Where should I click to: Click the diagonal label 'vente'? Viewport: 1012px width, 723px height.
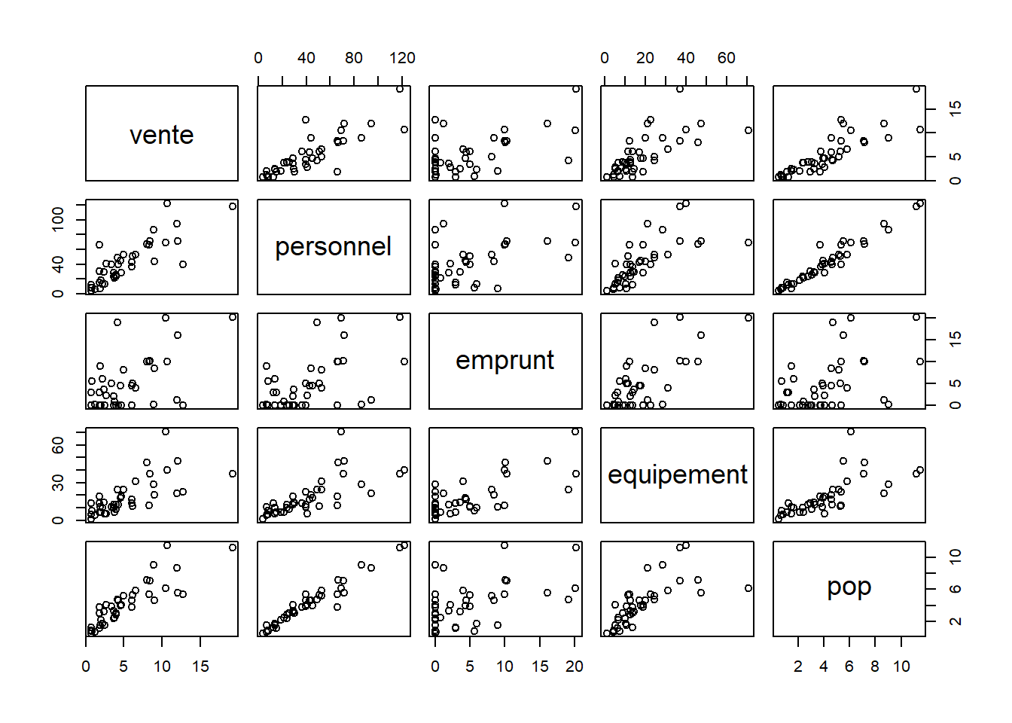162,135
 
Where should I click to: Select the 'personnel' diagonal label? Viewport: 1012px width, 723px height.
333,247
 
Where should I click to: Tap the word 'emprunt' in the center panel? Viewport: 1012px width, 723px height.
504,361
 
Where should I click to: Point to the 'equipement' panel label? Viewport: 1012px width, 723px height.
677,474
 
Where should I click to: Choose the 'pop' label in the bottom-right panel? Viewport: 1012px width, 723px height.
849,587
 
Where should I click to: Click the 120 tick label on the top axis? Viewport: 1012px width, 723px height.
402,58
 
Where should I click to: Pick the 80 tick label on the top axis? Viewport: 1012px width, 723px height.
354,58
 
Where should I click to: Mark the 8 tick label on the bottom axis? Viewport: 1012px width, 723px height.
875,667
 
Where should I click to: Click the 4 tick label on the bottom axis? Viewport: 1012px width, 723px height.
824,667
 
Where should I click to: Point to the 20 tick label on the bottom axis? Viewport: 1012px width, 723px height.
575,667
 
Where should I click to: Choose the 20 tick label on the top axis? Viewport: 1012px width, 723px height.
645,58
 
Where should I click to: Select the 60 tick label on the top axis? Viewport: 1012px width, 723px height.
726,58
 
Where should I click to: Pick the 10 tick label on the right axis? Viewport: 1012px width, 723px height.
956,557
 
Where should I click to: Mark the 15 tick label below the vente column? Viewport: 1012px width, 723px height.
200,667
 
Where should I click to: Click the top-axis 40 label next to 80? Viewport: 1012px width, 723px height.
306,58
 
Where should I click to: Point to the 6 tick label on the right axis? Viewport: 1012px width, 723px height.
956,589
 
